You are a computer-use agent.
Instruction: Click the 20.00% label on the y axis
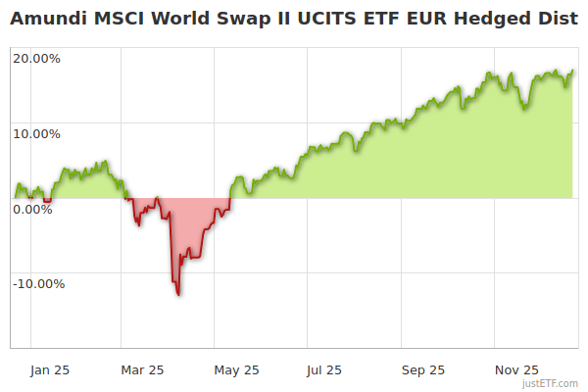coord(37,58)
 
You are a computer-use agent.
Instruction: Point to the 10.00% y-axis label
coord(37,133)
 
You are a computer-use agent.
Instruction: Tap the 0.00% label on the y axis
coord(33,209)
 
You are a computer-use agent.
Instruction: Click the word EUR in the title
coord(427,19)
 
